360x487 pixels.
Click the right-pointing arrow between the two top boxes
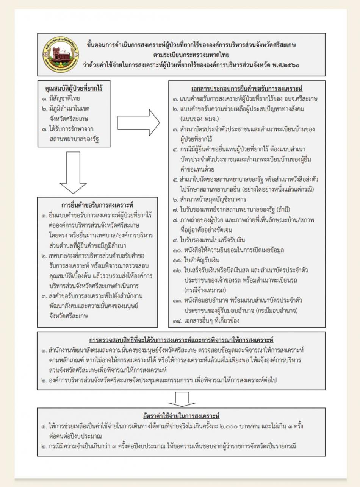coord(139,122)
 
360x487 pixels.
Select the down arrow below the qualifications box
coord(73,173)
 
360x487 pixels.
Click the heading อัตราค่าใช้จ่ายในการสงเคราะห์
coord(182,416)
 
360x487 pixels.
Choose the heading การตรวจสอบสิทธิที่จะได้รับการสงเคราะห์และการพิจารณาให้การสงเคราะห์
coord(182,340)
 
